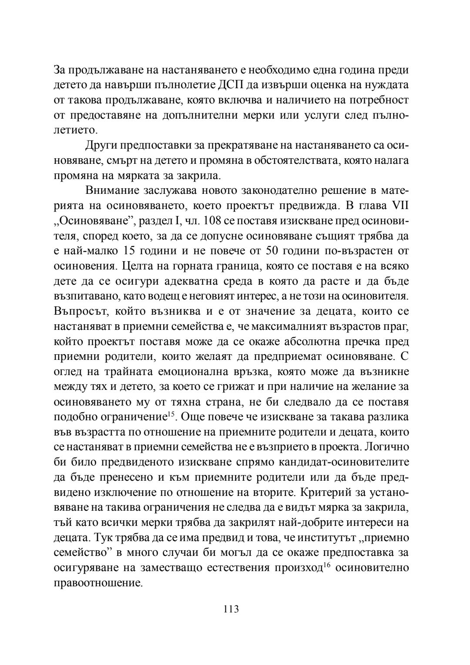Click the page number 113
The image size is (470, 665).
click(231, 609)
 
